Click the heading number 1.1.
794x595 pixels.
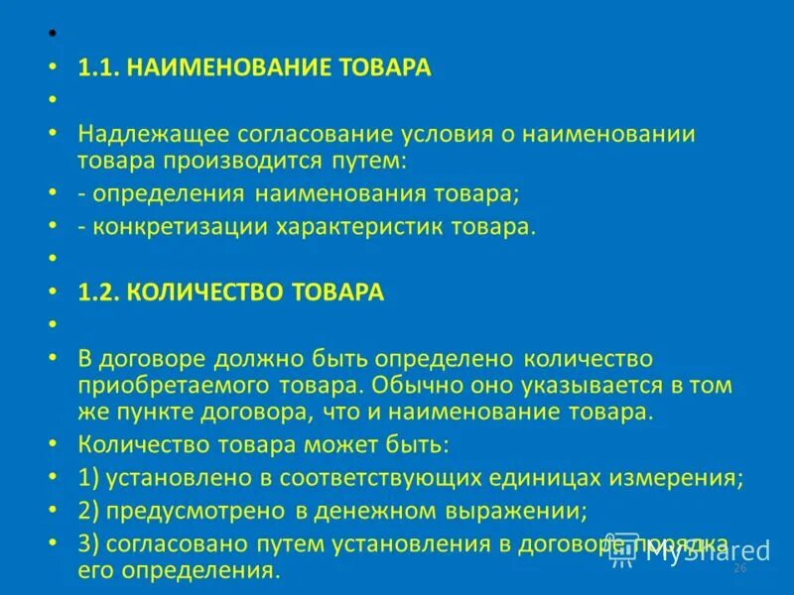98,67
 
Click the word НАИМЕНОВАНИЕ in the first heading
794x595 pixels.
205,67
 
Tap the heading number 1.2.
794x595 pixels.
98,292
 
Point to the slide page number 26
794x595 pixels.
738,569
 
